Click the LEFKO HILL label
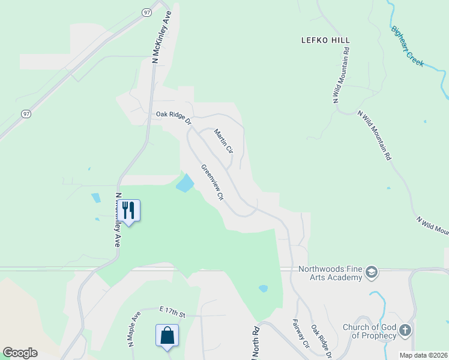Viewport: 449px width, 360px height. (325, 40)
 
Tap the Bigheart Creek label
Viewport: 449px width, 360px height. (407, 46)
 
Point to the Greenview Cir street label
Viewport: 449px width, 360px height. (212, 182)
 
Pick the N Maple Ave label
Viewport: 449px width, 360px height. (133, 329)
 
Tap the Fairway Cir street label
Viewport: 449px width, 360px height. (301, 334)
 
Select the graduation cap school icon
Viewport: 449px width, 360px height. (371, 273)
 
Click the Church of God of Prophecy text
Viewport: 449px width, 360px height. (369, 331)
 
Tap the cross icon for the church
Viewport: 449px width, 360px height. (406, 330)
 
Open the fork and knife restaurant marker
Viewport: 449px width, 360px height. (128, 211)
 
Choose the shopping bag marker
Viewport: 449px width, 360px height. (167, 335)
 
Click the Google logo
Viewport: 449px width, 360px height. (20, 353)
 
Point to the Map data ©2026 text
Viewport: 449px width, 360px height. (423, 355)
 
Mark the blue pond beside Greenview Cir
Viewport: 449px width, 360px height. (185, 183)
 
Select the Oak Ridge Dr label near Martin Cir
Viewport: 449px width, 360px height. (173, 116)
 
